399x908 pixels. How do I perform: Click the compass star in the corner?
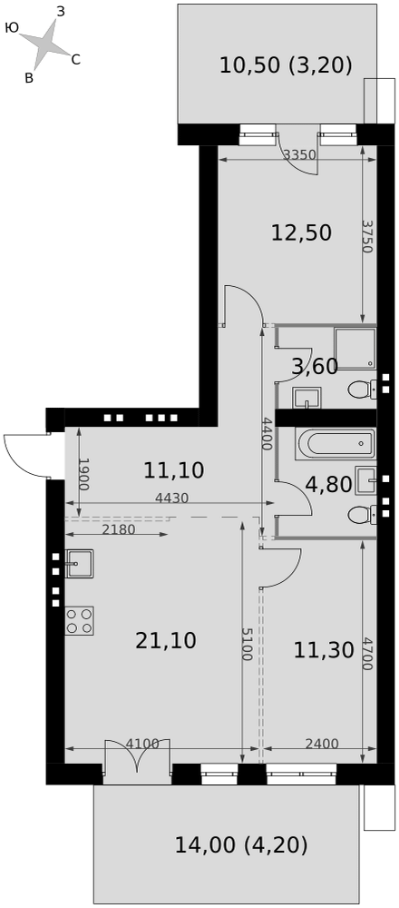(x=45, y=44)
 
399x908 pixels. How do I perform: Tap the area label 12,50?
(x=301, y=232)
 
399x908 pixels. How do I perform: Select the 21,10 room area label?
(x=166, y=640)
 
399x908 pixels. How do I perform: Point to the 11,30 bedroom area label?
(x=323, y=650)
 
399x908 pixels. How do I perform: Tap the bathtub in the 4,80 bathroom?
(x=336, y=444)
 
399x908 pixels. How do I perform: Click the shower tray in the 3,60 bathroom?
(x=355, y=350)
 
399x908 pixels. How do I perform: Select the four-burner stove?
(x=79, y=621)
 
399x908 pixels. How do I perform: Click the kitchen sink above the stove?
(x=79, y=564)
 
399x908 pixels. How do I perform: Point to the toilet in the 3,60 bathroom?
(x=363, y=389)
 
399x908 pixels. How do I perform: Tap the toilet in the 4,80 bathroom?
(x=363, y=513)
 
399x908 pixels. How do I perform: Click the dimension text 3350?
(x=299, y=154)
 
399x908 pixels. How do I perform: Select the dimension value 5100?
(x=248, y=644)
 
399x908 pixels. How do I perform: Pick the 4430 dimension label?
(x=172, y=498)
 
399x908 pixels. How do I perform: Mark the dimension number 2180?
(x=119, y=529)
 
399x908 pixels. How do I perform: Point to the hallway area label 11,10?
(x=174, y=470)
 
